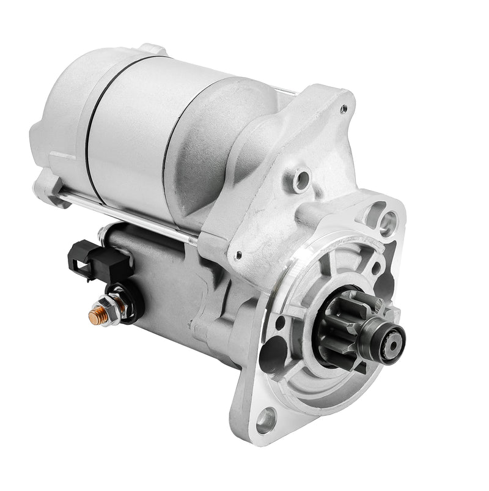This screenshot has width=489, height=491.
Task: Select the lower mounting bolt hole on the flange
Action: click(267, 419)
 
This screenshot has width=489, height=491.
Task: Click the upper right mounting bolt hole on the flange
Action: click(387, 221)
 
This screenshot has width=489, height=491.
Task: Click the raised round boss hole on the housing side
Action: click(301, 180)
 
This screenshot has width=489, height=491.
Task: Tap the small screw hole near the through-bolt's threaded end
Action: click(239, 255)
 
